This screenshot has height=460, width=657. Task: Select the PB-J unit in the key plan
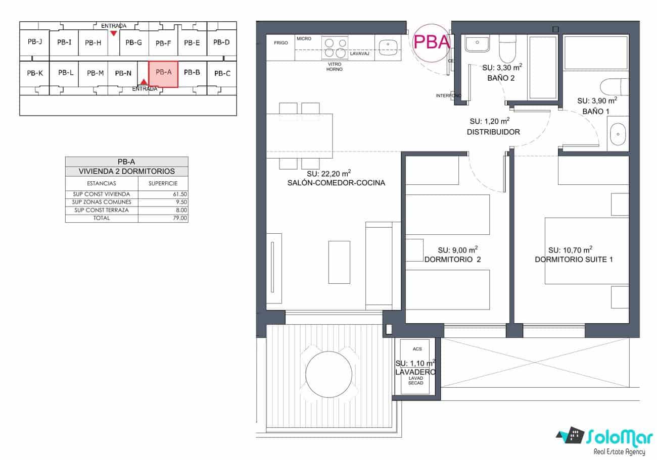(x=34, y=42)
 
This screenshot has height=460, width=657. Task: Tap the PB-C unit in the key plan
(x=222, y=74)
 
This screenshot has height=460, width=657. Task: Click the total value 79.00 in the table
(x=180, y=218)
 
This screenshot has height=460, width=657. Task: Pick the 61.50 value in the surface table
(x=180, y=194)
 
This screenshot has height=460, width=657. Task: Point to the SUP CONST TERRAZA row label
(x=102, y=210)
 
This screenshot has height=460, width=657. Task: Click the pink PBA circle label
(x=431, y=42)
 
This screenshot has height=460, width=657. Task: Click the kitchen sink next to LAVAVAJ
(x=388, y=43)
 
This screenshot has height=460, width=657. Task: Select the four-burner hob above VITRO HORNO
(x=336, y=48)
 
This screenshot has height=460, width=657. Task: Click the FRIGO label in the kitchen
(x=281, y=43)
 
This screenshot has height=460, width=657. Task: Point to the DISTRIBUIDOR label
(x=493, y=132)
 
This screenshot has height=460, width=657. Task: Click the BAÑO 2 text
(x=501, y=78)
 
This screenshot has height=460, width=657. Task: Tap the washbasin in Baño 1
(x=618, y=135)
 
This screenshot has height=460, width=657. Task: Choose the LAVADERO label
(x=415, y=372)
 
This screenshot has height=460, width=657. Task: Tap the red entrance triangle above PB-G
(x=114, y=33)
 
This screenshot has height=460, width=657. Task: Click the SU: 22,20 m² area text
(x=325, y=173)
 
